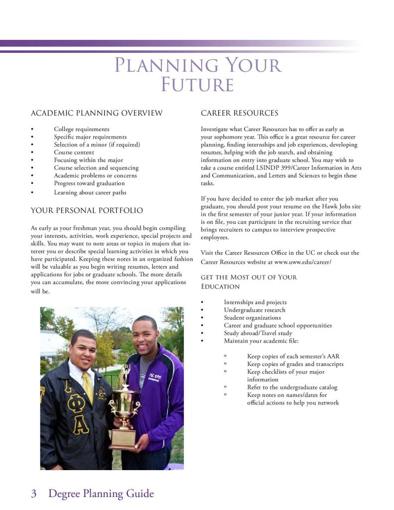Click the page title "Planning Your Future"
(198, 75)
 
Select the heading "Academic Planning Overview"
(97, 113)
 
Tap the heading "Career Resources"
(239, 113)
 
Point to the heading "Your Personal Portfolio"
(87, 210)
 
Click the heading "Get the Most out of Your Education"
(249, 282)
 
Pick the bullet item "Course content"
(74, 152)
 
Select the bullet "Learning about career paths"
(90, 192)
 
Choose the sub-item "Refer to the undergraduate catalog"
(292, 387)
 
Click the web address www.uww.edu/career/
(302, 262)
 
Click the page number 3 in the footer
(34, 494)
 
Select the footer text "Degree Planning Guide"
(101, 494)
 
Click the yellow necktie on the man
(88, 386)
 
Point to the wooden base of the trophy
(123, 437)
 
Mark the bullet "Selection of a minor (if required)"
(97, 145)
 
